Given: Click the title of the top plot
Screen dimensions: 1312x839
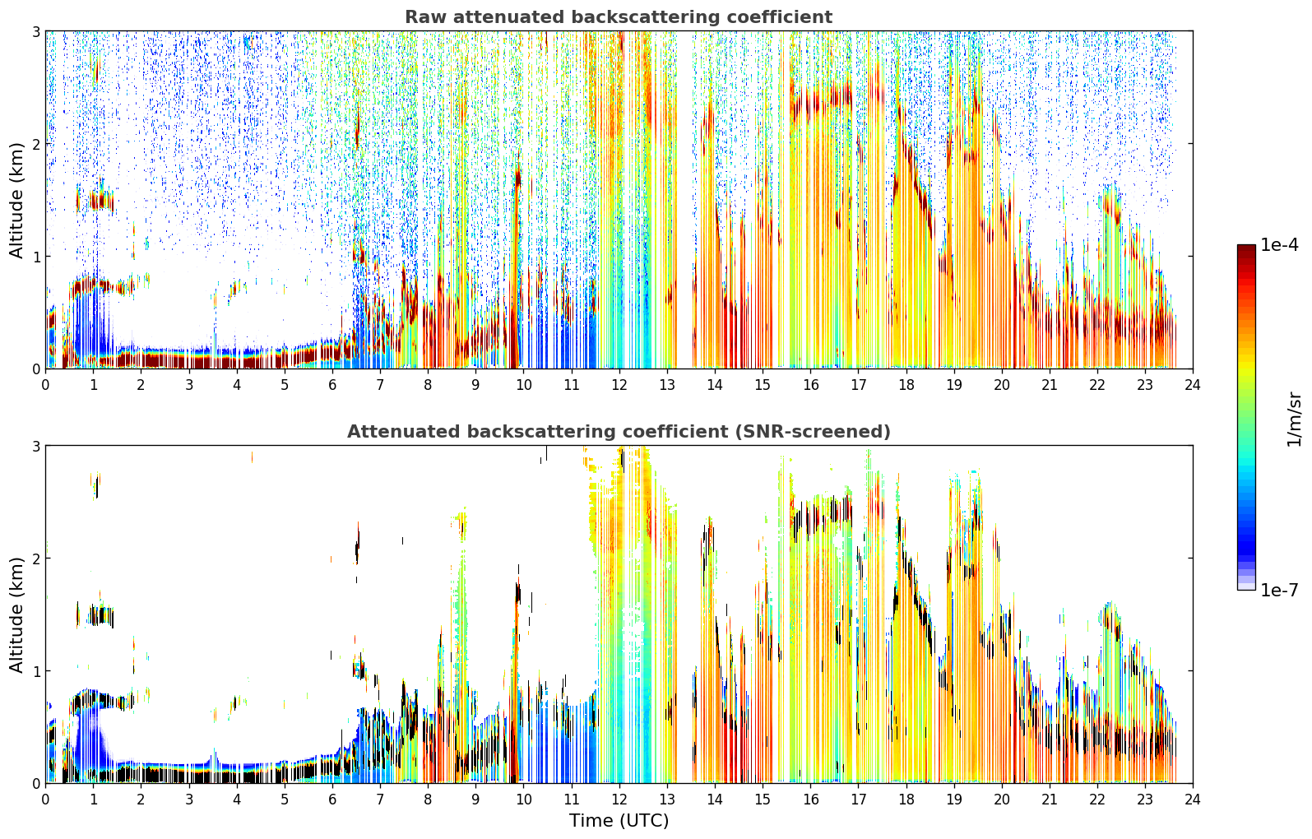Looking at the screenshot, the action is click(619, 17).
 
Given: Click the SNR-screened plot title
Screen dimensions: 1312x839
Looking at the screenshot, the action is click(619, 431).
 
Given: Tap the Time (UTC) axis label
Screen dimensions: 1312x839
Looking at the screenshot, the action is click(619, 820).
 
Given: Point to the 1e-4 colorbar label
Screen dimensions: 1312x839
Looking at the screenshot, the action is click(1279, 245).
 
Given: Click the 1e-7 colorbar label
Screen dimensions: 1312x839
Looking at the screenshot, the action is click(1279, 590).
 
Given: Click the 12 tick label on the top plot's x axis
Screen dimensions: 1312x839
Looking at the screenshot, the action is click(619, 385).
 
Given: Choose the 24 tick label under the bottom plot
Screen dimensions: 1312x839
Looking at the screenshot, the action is click(1193, 800).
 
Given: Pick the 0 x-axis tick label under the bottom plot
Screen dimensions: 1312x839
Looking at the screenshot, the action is click(46, 800).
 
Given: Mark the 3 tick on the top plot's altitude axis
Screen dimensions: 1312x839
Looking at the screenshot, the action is click(35, 31).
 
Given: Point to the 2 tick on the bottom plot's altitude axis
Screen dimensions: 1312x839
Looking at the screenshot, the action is click(35, 559).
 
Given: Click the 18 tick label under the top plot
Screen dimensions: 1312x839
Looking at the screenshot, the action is click(906, 385).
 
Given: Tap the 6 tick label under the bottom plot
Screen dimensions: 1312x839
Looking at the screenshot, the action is click(332, 800).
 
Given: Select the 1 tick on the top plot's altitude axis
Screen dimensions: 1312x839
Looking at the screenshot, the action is click(35, 256).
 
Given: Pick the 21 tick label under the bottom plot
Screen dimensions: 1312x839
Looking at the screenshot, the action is click(1050, 800).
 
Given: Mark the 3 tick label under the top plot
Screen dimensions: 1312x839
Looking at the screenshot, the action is click(189, 385).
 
